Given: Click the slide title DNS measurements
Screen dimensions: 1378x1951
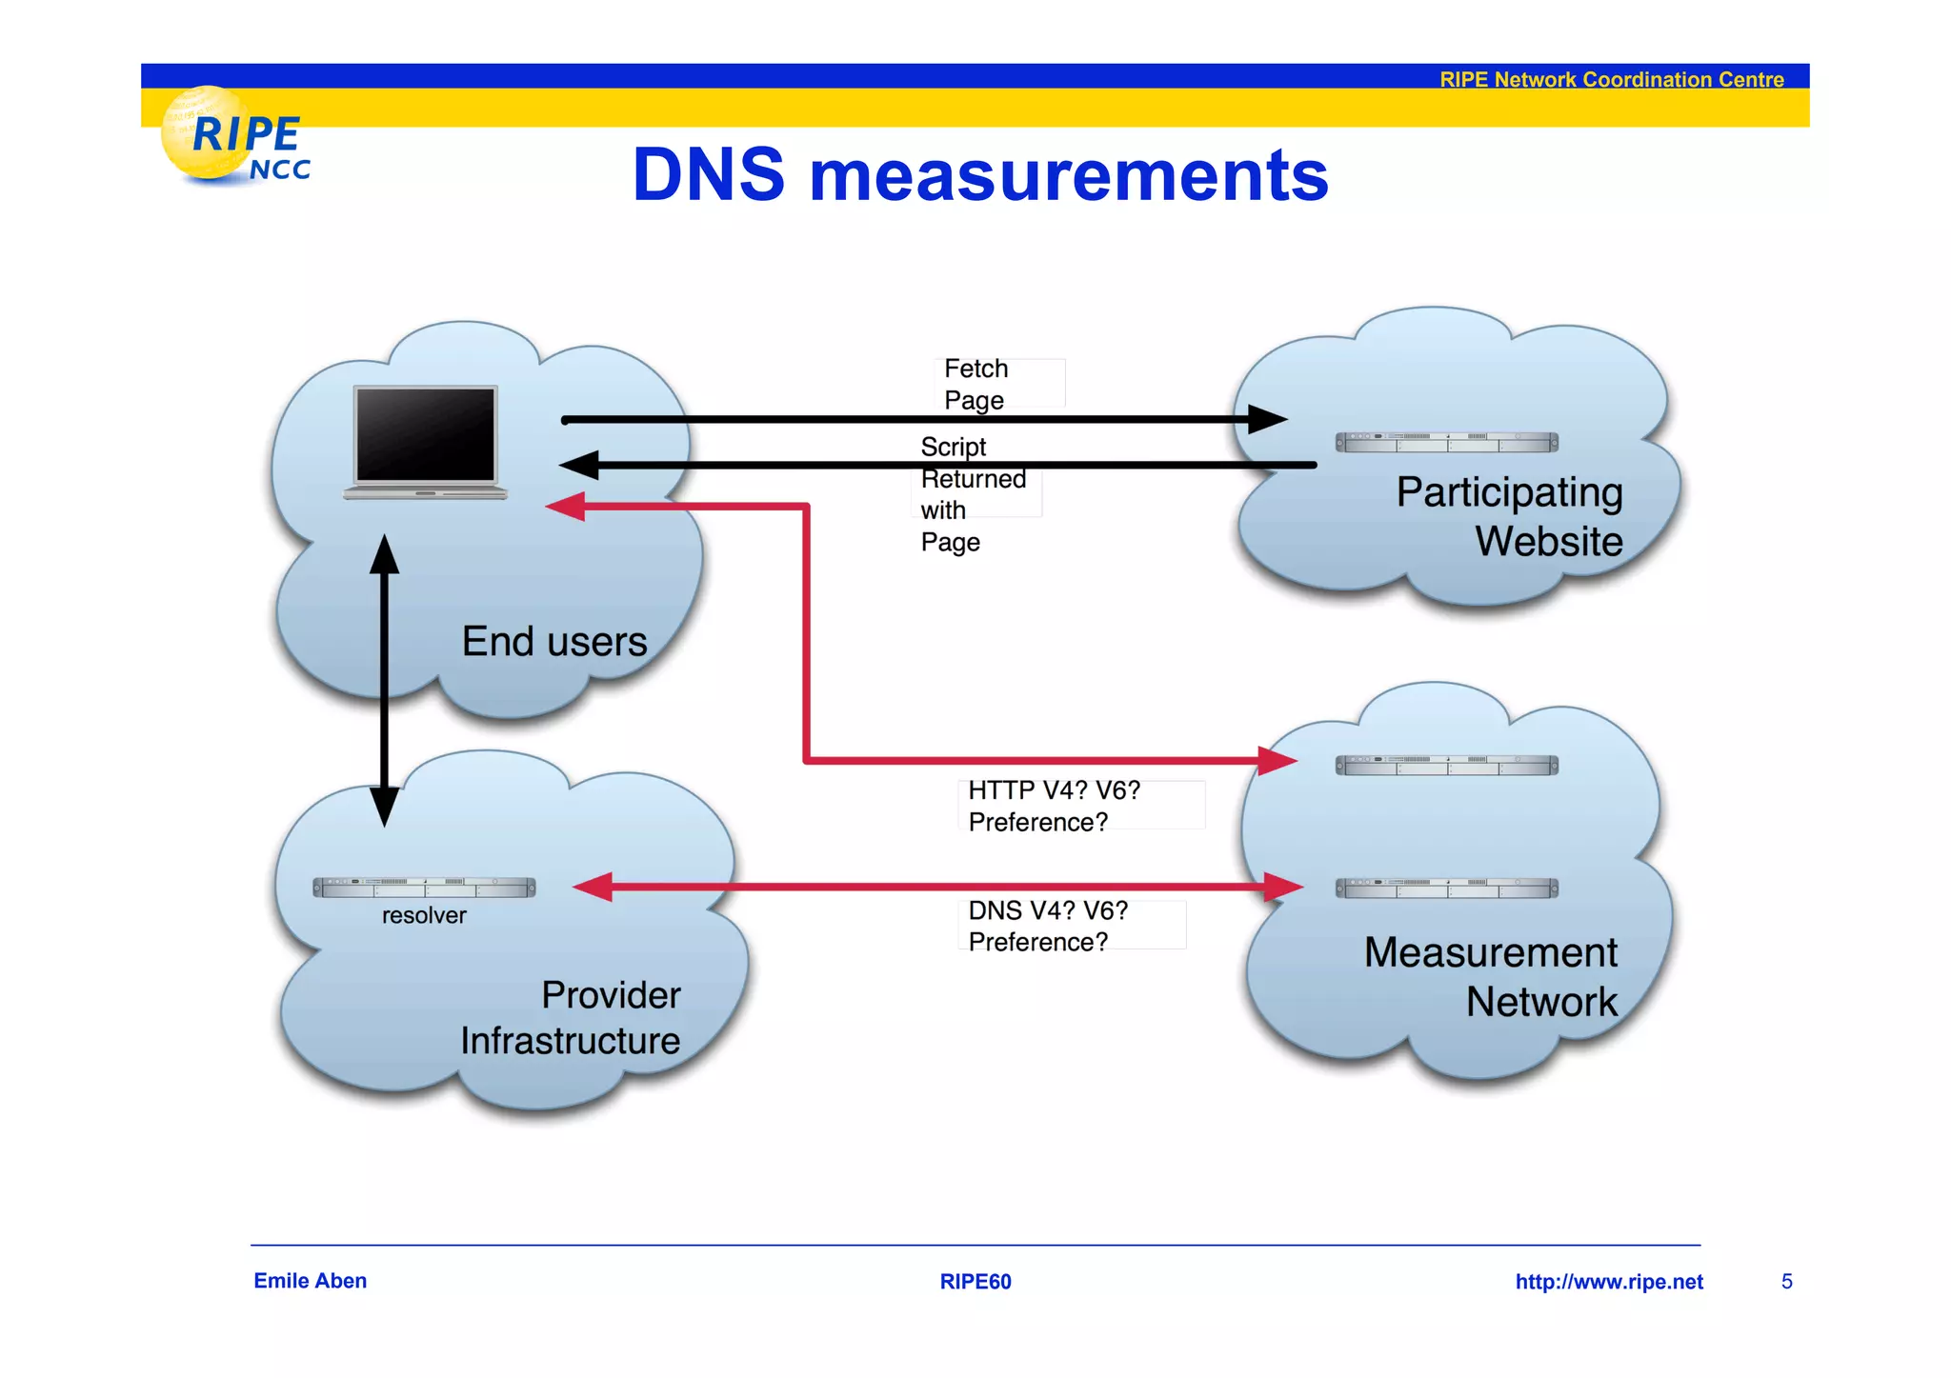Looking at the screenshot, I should [x=979, y=175].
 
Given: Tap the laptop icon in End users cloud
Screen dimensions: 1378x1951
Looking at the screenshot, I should [x=425, y=441].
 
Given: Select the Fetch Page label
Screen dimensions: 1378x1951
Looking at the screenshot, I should [x=975, y=384].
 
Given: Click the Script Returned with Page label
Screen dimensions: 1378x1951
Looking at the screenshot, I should [x=972, y=494].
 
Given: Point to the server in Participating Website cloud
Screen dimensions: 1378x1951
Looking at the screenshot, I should [x=1446, y=442].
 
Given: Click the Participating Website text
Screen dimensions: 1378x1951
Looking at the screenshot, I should [x=1509, y=515].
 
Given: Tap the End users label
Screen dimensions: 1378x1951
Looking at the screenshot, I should [x=553, y=641].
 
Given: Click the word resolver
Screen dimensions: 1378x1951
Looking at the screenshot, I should [x=424, y=915].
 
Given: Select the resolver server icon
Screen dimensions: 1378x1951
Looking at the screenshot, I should [x=424, y=888].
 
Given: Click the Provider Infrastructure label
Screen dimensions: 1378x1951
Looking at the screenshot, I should [x=570, y=1017].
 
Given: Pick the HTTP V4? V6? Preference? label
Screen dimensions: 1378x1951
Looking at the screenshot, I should [x=1053, y=806].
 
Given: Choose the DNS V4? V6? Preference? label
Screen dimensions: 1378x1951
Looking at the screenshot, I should [x=1047, y=926].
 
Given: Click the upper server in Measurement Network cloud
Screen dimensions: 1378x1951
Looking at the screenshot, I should [x=1446, y=766].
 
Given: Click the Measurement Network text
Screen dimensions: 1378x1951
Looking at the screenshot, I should [x=1490, y=976].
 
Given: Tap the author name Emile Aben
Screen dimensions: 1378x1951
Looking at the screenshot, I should [x=310, y=1281].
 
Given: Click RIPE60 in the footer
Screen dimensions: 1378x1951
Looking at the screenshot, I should [x=975, y=1282].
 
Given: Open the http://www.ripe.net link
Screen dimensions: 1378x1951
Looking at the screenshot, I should [x=1608, y=1282].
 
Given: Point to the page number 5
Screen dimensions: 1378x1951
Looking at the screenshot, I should [x=1786, y=1282].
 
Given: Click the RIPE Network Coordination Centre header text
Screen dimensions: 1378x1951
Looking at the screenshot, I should [x=1611, y=79].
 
